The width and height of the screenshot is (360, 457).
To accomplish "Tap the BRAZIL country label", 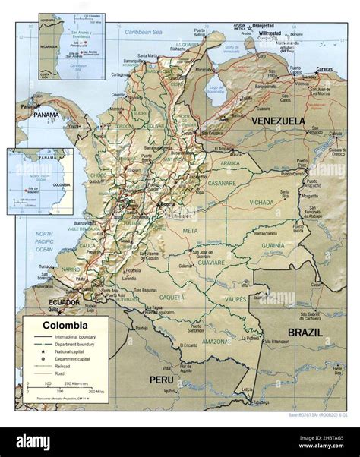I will point(305,333).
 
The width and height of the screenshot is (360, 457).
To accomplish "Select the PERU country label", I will point(161,379).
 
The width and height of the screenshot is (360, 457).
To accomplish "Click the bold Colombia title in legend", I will point(65,326).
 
